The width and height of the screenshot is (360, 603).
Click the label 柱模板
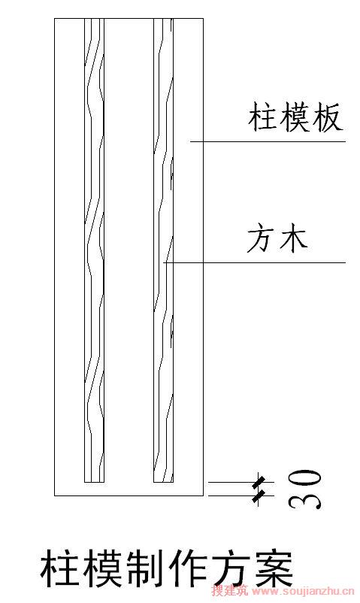(x=295, y=117)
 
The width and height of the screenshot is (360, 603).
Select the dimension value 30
(x=304, y=489)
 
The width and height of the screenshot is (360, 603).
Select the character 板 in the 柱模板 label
(x=328, y=117)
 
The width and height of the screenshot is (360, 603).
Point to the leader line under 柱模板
(x=268, y=141)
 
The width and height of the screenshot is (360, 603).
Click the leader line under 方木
(x=255, y=262)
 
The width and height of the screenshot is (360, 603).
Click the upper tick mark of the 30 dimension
(x=259, y=482)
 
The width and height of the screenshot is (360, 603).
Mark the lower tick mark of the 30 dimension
(x=259, y=495)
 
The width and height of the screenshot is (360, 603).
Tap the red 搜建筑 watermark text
(x=230, y=590)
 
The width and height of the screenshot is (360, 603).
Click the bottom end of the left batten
(x=94, y=482)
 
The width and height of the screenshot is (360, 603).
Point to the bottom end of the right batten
(x=163, y=482)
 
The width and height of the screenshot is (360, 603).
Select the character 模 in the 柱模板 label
(x=295, y=117)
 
